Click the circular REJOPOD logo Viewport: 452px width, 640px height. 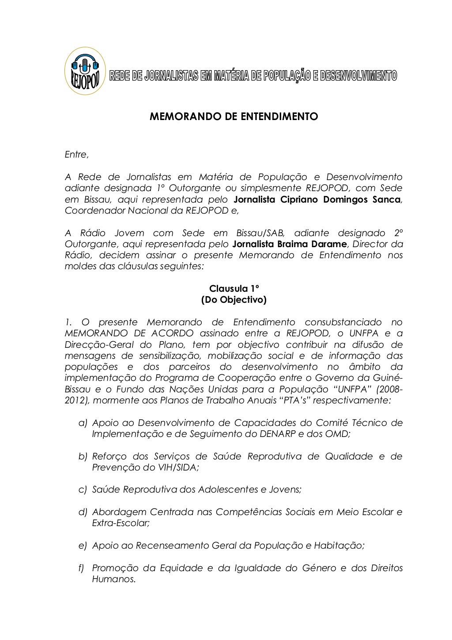[85, 71]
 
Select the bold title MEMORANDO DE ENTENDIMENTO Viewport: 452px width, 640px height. [234, 117]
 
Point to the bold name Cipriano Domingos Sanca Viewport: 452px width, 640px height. [339, 200]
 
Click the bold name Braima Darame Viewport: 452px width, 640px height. [317, 244]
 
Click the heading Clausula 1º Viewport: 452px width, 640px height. [234, 289]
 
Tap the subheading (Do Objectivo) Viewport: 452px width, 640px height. [234, 300]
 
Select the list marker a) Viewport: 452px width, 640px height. [83, 423]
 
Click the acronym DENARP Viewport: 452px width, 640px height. [277, 434]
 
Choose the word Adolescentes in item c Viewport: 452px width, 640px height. [227, 489]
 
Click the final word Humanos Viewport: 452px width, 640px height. [113, 579]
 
